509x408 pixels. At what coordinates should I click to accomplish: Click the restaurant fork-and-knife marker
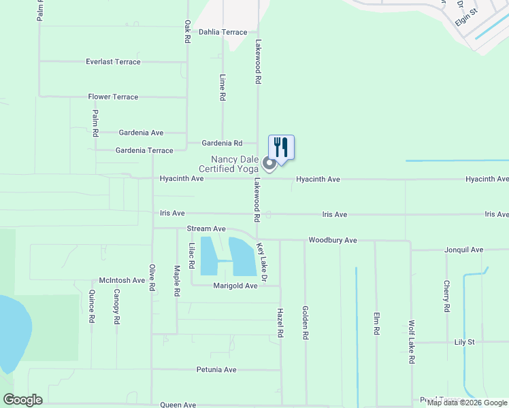coord(281,147)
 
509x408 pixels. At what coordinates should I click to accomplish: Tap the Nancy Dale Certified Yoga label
coord(228,164)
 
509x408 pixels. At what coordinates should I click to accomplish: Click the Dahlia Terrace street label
coord(223,32)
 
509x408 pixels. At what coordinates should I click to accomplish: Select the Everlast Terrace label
coord(113,62)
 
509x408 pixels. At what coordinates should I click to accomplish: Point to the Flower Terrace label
coord(113,97)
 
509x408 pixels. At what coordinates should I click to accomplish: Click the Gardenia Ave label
coord(141,133)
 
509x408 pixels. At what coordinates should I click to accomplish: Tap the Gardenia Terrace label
coord(144,150)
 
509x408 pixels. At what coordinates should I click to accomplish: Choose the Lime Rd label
coord(223,88)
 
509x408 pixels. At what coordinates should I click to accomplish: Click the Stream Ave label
coord(206,229)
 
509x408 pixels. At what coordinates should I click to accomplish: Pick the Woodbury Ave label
coord(333,241)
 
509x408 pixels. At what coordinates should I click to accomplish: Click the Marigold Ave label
coord(235,286)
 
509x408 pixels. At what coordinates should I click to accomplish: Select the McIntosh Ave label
coord(122,280)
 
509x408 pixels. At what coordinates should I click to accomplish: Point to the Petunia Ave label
coord(216,370)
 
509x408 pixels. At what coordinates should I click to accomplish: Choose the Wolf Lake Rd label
coord(412,343)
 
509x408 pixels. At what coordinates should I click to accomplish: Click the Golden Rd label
coord(306,322)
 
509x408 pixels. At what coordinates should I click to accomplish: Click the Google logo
coord(23,400)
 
